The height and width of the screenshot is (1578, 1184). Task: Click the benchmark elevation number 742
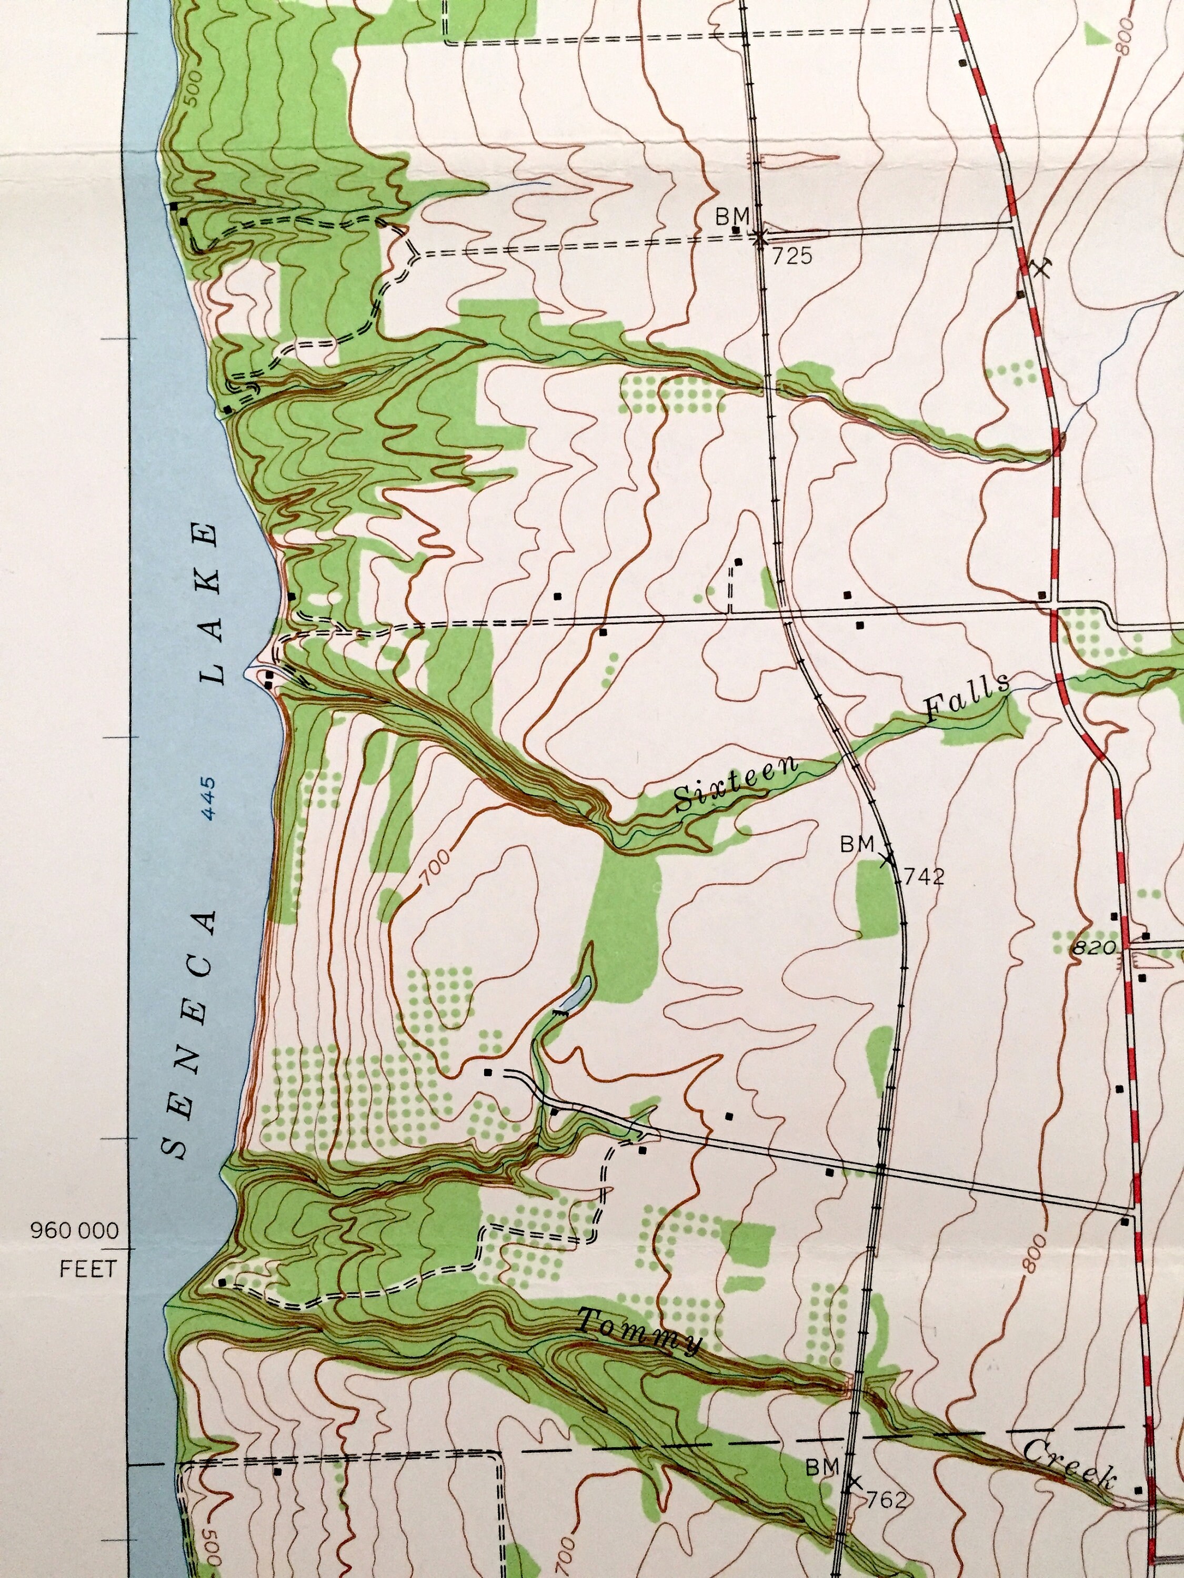click(x=924, y=876)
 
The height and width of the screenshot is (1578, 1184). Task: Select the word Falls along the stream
click(x=967, y=697)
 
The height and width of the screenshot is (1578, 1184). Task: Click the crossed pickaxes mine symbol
click(x=1041, y=268)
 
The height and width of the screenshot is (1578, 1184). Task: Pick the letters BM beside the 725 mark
click(x=733, y=215)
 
